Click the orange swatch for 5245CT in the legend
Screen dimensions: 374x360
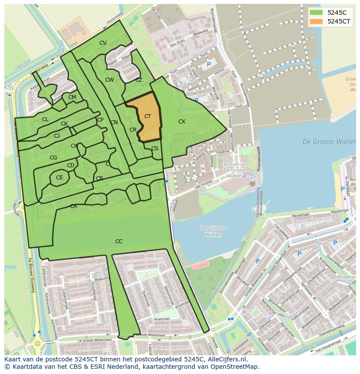pos(317,21)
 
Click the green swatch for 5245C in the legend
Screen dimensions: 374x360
pos(317,13)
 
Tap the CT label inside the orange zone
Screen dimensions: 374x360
pos(148,116)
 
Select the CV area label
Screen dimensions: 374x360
pos(103,43)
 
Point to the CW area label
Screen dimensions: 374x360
pos(110,80)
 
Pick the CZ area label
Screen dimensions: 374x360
pos(139,80)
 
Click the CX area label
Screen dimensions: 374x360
pos(182,122)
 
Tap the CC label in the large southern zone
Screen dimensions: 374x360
pos(119,242)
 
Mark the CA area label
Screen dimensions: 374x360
pos(73,206)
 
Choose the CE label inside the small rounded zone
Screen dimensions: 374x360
pos(60,178)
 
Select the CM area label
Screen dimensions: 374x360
pos(72,97)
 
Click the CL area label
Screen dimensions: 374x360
pos(45,119)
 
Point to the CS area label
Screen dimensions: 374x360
pos(155,149)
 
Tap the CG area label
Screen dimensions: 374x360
pos(53,158)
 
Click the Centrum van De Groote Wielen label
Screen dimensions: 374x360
pos(234,170)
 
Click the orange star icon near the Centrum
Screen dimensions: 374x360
pos(252,184)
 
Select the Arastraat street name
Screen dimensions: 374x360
pos(161,318)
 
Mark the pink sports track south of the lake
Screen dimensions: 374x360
pos(201,265)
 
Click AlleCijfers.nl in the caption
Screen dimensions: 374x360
pos(226,360)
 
